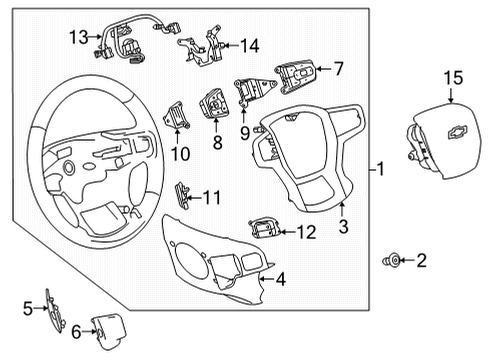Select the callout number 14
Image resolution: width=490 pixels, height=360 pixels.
tap(248, 45)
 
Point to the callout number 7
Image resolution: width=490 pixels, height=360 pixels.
tap(338, 69)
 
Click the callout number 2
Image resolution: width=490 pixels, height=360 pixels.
tap(421, 261)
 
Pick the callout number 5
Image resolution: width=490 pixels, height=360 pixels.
tap(28, 308)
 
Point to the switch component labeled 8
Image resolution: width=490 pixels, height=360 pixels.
tap(215, 104)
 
